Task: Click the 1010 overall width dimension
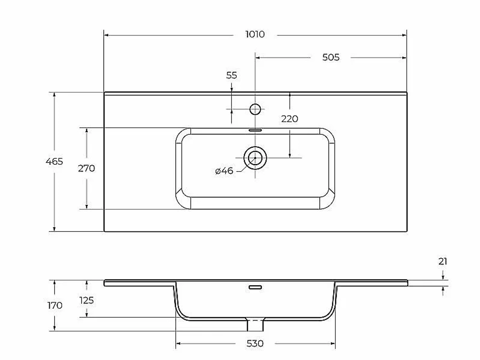(255, 34)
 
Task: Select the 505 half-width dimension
(331, 57)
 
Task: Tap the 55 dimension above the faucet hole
(231, 75)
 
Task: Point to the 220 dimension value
(289, 119)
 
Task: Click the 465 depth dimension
(54, 161)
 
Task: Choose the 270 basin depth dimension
(86, 168)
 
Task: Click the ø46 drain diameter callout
(224, 170)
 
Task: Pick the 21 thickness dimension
(443, 262)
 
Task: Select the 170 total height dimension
(55, 305)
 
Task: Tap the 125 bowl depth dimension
(86, 300)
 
